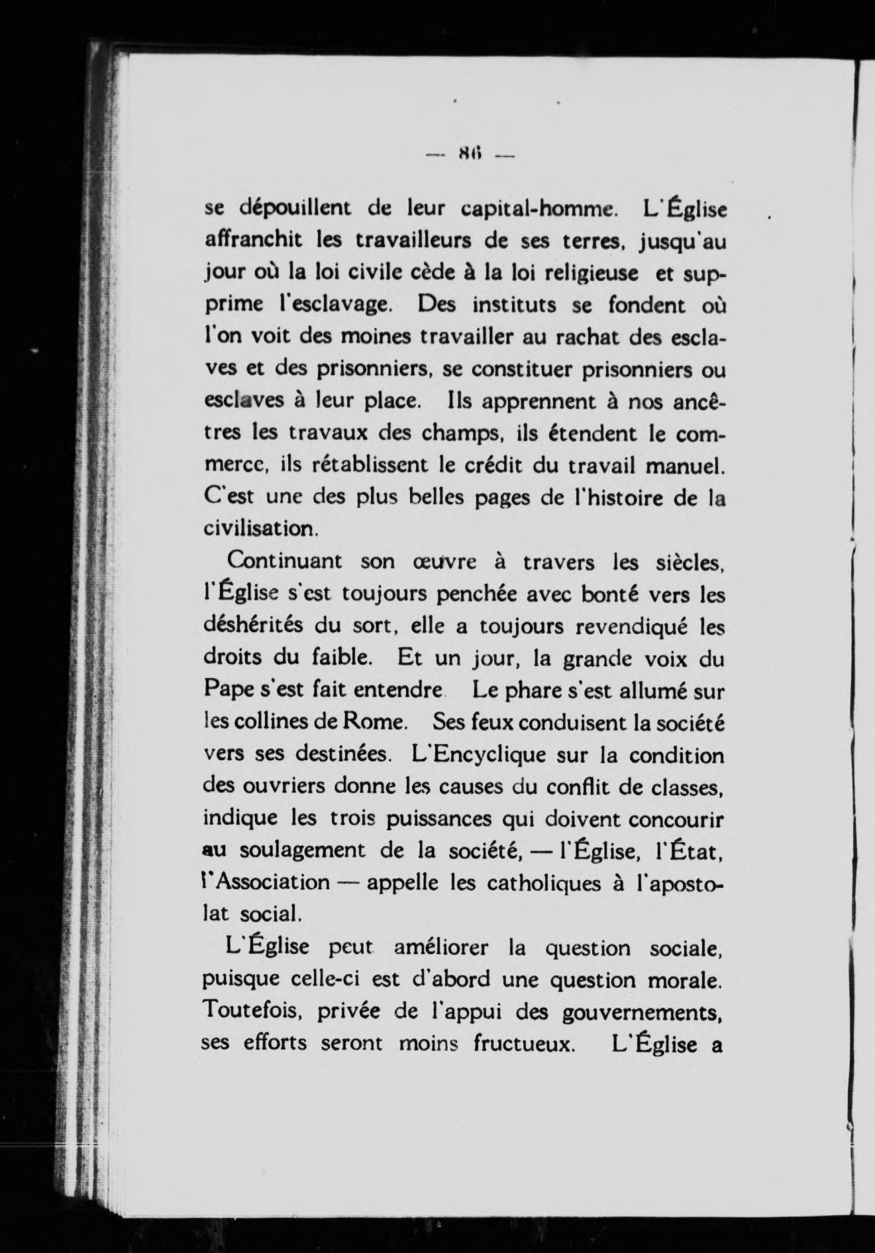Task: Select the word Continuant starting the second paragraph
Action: [x=285, y=561]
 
